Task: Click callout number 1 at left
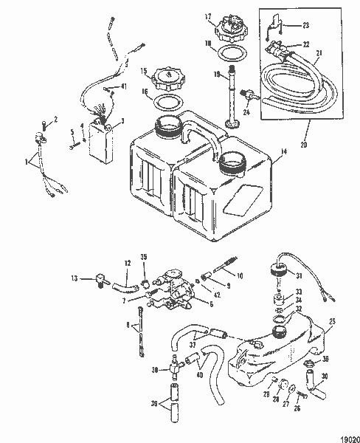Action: click(28, 161)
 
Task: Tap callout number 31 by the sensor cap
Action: click(299, 276)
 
